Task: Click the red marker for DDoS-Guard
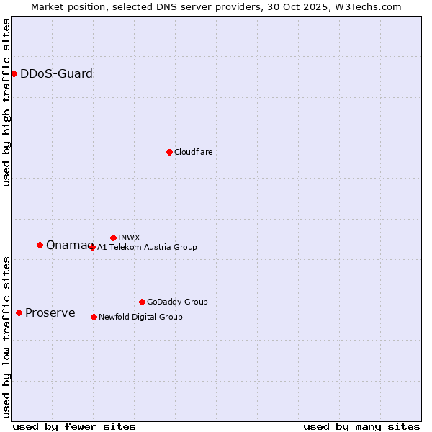(14, 73)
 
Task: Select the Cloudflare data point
(169, 152)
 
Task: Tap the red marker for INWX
(113, 238)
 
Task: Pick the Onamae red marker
(40, 245)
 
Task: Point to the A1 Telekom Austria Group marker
(92, 247)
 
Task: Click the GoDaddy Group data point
(142, 302)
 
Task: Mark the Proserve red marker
(19, 312)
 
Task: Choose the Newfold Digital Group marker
(94, 317)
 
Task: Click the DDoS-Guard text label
(56, 73)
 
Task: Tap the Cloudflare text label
(193, 152)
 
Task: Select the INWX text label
(129, 238)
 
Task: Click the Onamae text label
(66, 245)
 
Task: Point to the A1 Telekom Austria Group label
(147, 247)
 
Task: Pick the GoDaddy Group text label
(177, 302)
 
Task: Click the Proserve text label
(50, 312)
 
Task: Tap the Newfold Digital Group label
(140, 317)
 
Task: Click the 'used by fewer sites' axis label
(74, 426)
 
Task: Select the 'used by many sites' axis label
(361, 426)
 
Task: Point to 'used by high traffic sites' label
(7, 102)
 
